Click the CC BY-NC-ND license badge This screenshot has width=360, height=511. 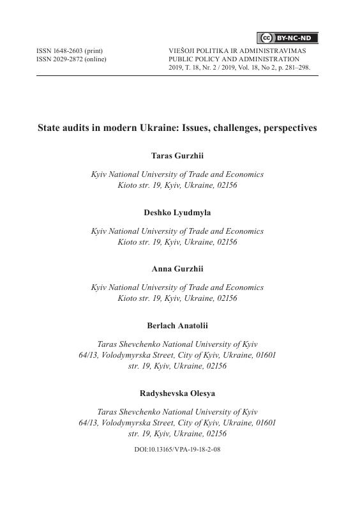287,38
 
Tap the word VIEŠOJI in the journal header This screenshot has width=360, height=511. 181,50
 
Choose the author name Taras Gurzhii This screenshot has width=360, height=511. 177,155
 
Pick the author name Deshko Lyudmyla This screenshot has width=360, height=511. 177,212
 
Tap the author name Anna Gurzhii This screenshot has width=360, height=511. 177,269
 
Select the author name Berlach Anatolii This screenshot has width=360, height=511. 177,326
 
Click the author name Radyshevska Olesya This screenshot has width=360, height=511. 177,393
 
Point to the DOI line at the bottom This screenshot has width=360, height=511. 177,450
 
